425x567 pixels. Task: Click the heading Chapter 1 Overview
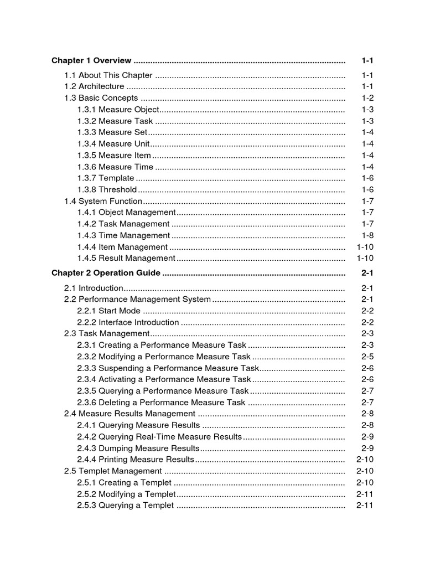pos(91,60)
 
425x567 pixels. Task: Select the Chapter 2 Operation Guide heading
pos(106,273)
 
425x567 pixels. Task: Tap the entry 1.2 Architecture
pos(95,86)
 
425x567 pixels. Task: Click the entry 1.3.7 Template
pos(106,178)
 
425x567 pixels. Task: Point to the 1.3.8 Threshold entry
pos(107,190)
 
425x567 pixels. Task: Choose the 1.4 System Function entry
pos(103,201)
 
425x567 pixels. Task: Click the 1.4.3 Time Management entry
pos(123,235)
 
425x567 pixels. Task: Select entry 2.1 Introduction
pos(94,288)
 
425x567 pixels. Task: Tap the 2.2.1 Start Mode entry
pos(109,311)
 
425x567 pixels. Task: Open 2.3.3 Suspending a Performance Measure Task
pos(168,368)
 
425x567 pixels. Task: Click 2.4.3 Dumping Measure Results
pos(138,448)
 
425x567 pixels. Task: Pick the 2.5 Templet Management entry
pos(113,471)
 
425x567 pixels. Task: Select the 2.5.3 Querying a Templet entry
pos(126,506)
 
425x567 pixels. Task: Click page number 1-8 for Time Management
pos(367,235)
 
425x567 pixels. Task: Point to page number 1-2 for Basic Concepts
pos(367,98)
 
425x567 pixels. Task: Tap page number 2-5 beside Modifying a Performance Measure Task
pos(367,357)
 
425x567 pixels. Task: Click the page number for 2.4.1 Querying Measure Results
pos(367,425)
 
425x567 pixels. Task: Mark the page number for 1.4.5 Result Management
pos(365,258)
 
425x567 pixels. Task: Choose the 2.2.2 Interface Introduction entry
pos(128,322)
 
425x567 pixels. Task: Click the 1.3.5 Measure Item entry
pos(114,156)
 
